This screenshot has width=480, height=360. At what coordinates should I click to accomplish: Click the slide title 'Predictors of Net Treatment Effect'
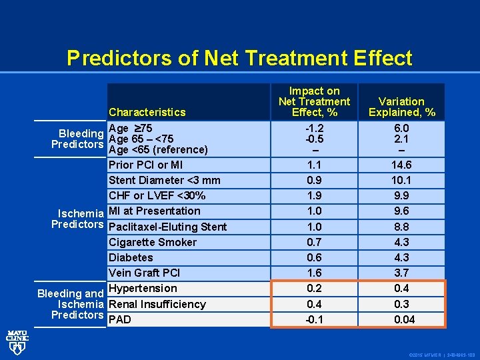click(239, 58)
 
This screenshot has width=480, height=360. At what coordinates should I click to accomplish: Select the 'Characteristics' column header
click(147, 112)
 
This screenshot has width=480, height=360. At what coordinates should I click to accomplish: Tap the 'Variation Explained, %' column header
click(401, 107)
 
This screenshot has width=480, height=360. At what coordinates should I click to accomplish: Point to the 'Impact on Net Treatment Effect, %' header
click(314, 101)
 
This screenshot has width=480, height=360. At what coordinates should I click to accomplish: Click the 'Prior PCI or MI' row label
click(145, 165)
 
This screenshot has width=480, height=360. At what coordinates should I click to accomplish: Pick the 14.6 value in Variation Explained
click(401, 165)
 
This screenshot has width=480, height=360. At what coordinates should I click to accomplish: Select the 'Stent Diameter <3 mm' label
click(164, 180)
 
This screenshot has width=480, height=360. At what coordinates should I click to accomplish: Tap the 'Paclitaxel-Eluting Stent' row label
click(167, 227)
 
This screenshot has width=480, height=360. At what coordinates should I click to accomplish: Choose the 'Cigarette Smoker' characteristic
click(152, 242)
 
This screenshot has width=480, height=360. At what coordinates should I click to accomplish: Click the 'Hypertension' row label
click(143, 288)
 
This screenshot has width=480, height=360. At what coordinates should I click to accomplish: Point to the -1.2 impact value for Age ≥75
click(314, 128)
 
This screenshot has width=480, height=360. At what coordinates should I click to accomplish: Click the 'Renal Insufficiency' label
click(157, 304)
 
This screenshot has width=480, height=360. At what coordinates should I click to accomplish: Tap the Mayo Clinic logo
click(17, 339)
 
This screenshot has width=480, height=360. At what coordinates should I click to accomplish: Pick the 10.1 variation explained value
click(401, 180)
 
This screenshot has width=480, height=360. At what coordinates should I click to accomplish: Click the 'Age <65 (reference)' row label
click(158, 150)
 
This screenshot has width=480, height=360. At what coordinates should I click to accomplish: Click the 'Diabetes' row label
click(131, 257)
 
